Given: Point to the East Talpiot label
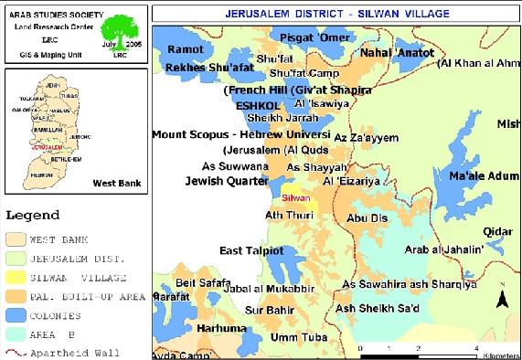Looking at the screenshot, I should [255, 250].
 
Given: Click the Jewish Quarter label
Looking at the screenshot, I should [226, 181].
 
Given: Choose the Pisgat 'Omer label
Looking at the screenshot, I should [294, 37].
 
